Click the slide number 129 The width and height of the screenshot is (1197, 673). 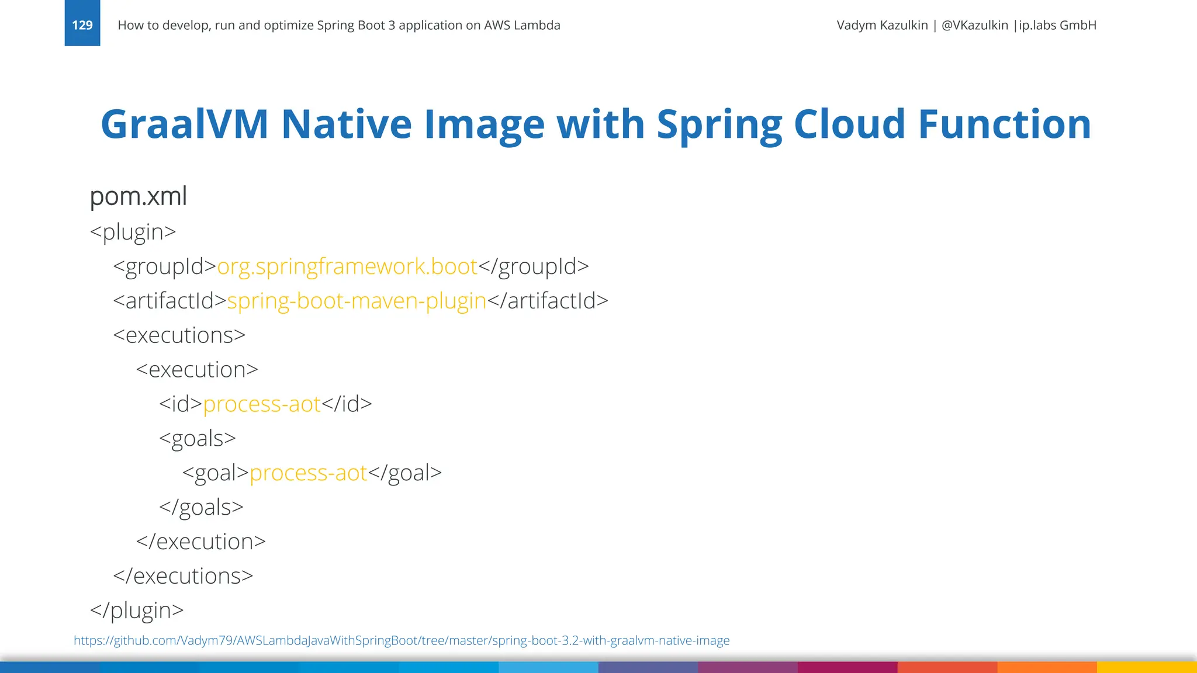82,25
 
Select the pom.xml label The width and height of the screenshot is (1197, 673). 139,196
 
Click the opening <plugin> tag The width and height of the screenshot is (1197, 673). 133,232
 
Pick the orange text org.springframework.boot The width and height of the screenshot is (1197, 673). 347,266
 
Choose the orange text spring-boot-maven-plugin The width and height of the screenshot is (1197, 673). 357,301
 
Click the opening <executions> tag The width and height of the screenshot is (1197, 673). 179,335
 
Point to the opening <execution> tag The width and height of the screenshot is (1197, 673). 197,370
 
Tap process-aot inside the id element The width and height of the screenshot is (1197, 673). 262,404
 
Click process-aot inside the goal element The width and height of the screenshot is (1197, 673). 309,473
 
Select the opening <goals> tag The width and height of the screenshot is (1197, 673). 198,439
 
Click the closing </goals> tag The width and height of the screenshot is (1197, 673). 201,507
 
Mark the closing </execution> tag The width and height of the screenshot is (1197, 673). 201,542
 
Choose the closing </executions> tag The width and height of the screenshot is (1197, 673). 183,576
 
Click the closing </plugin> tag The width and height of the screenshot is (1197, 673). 137,610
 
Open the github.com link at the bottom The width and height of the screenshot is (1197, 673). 402,640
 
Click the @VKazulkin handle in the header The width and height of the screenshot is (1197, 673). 974,25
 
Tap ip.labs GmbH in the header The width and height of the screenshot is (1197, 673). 1057,25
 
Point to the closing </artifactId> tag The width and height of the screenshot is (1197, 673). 548,301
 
